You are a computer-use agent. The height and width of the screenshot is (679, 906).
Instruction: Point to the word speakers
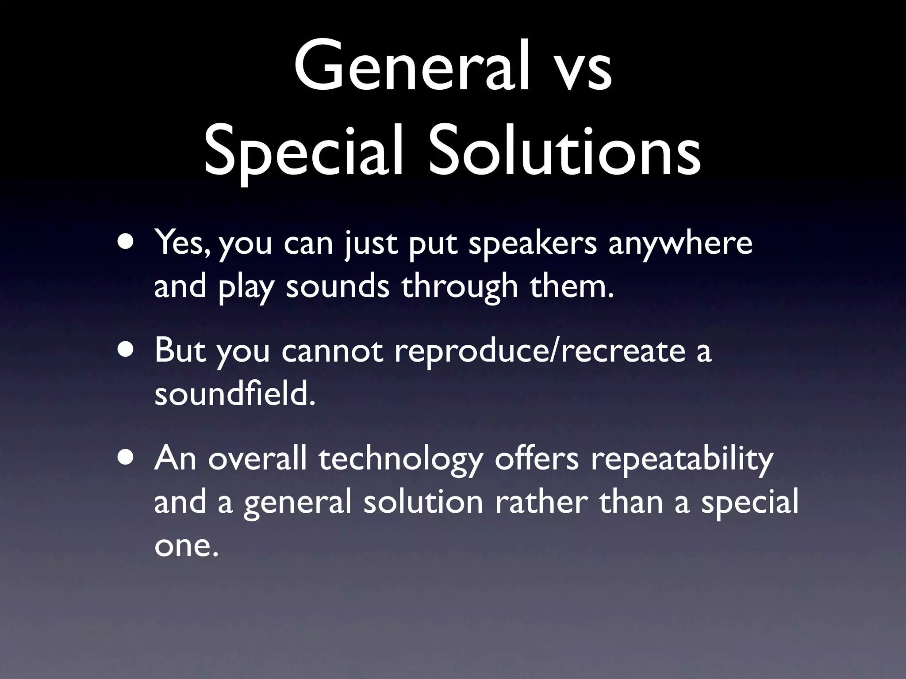coord(533,244)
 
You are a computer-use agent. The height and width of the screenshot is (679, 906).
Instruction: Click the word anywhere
coord(680,244)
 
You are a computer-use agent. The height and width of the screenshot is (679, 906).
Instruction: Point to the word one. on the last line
coord(186,546)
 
